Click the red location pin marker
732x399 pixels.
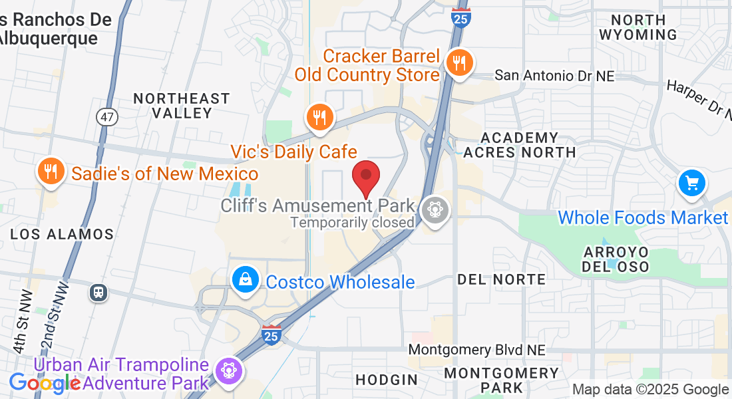pyautogui.click(x=365, y=176)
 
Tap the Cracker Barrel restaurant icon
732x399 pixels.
pyautogui.click(x=459, y=63)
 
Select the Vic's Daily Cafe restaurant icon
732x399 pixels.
pyautogui.click(x=320, y=117)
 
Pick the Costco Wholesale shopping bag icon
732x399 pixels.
pyautogui.click(x=246, y=280)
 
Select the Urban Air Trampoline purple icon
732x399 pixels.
pyautogui.click(x=229, y=368)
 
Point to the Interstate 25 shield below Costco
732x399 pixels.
pyautogui.click(x=270, y=333)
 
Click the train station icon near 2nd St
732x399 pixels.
pyautogui.click(x=99, y=292)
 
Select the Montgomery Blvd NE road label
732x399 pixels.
pyautogui.click(x=476, y=350)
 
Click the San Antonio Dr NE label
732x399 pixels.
pyautogui.click(x=554, y=76)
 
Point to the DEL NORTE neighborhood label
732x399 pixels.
pyautogui.click(x=501, y=279)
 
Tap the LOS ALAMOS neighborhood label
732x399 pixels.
pyautogui.click(x=62, y=234)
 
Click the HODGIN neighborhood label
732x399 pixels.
pyautogui.click(x=387, y=380)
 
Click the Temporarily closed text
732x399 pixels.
pyautogui.click(x=352, y=222)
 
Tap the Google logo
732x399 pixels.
pyautogui.click(x=44, y=383)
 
